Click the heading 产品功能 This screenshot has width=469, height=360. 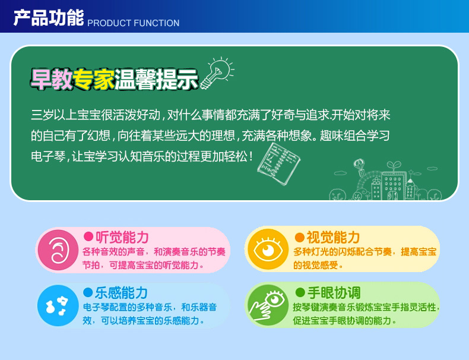point(49,18)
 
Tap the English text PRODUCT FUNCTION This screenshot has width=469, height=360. point(134,23)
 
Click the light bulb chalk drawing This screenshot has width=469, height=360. point(217,72)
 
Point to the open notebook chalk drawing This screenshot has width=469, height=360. point(279,163)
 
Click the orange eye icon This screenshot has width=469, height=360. point(268,250)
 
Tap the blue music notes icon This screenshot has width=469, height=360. point(58,305)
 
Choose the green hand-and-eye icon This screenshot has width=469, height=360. point(268,305)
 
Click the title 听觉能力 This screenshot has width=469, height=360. point(122,237)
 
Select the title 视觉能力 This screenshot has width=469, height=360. point(333,237)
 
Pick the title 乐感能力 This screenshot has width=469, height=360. point(122,293)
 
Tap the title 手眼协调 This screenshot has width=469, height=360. point(334,292)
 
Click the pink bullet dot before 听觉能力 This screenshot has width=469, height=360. point(88,236)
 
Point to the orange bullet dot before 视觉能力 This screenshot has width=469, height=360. point(299,237)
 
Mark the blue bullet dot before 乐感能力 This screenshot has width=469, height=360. point(88,292)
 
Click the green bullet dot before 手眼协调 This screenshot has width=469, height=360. point(300,292)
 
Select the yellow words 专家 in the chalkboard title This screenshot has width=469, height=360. point(93,79)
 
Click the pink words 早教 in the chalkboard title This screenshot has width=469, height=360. point(52,79)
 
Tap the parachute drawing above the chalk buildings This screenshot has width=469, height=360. point(359,167)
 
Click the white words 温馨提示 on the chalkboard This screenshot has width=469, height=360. point(157,79)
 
